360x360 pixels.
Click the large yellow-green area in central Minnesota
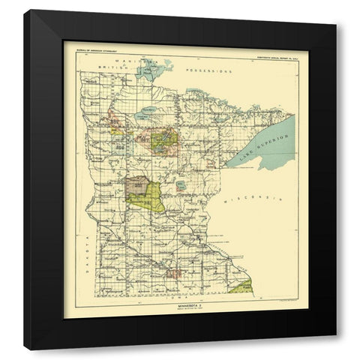pos(148,198)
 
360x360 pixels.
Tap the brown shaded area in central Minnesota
pos(137,184)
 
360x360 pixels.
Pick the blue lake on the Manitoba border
pos(154,71)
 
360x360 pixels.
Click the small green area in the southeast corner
pos(241,286)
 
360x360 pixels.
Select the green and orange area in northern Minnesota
pos(163,138)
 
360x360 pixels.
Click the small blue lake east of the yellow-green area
pos(181,184)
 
